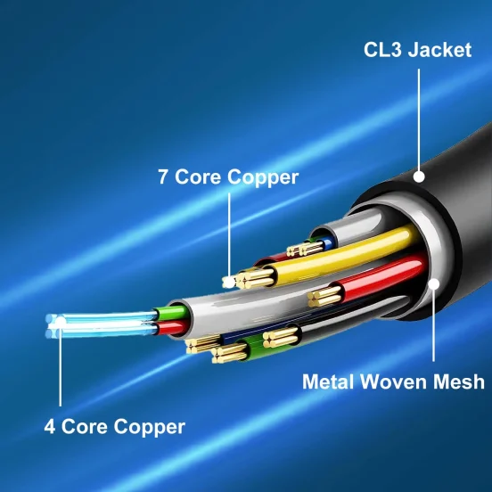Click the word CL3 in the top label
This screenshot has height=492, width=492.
[382, 50]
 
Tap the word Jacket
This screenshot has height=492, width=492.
[439, 50]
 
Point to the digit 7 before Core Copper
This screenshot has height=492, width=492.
[163, 176]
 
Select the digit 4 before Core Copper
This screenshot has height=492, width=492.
[50, 426]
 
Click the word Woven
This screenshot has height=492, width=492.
[394, 381]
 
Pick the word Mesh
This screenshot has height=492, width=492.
[459, 381]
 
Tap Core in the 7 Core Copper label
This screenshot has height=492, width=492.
[198, 176]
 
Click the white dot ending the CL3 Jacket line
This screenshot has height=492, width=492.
[419, 176]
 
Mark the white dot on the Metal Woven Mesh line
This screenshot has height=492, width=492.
[434, 284]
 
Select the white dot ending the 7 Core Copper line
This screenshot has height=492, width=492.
[229, 282]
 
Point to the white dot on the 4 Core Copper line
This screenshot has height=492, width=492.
[61, 323]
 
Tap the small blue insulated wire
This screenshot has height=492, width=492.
[328, 242]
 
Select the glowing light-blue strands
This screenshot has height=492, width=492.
[101, 324]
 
